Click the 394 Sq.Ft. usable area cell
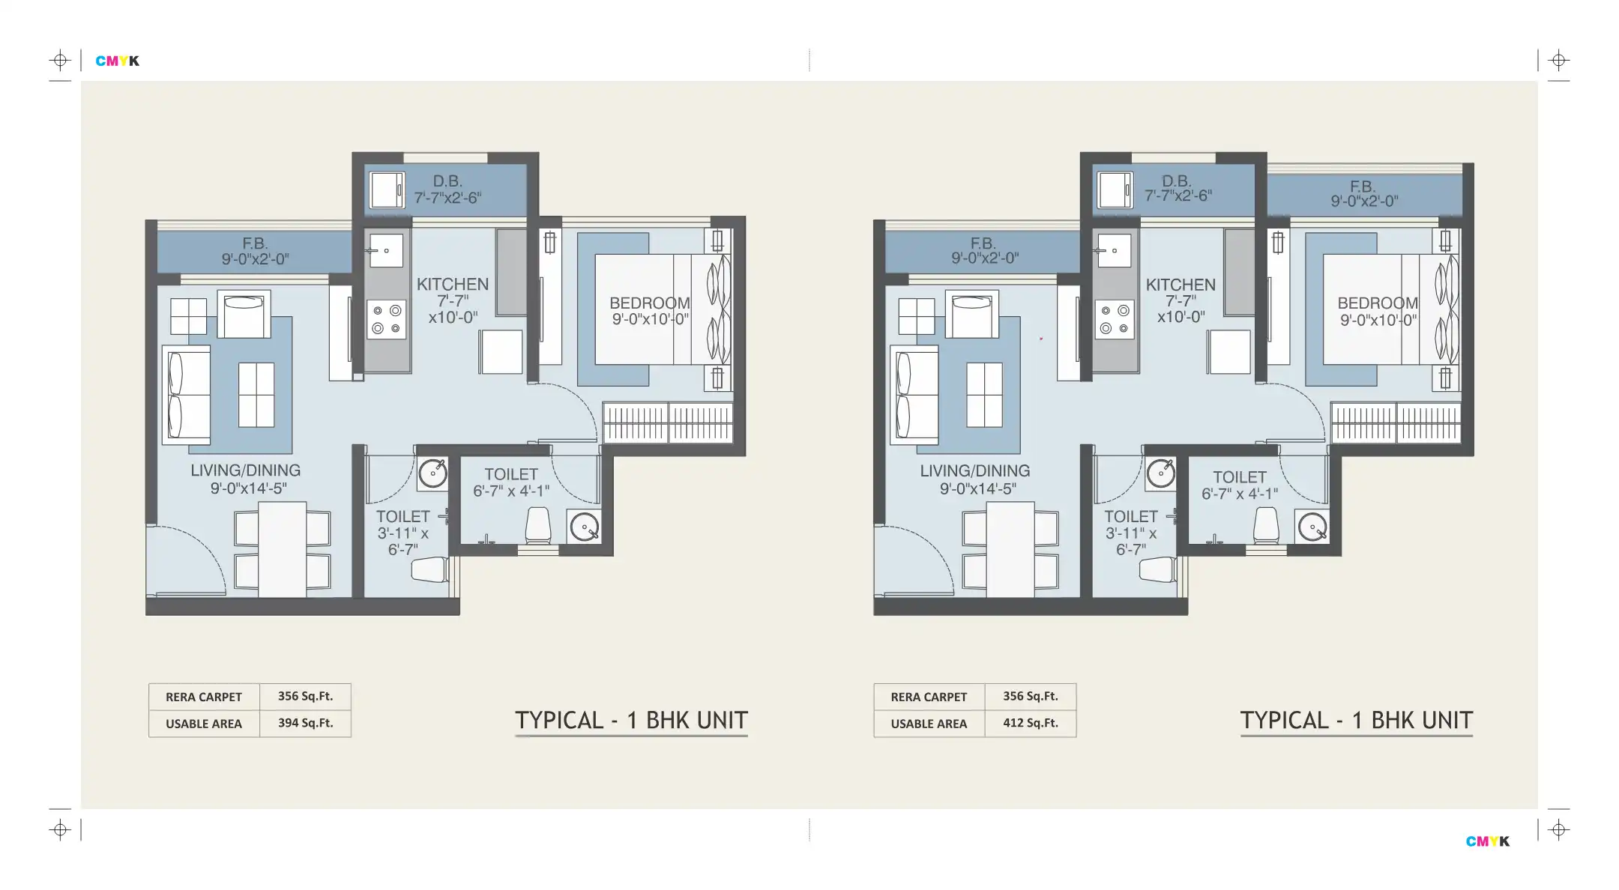pyautogui.click(x=305, y=723)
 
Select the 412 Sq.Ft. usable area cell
pyautogui.click(x=1031, y=723)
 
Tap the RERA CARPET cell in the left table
pyautogui.click(x=204, y=697)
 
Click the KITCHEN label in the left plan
pyautogui.click(x=453, y=285)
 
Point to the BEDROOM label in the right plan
pyautogui.click(x=1378, y=303)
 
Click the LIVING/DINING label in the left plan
pyautogui.click(x=245, y=470)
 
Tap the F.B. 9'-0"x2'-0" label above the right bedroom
pyautogui.click(x=1363, y=193)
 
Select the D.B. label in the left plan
pyautogui.click(x=447, y=181)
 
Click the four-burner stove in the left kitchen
pyautogui.click(x=387, y=319)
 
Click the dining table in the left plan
pyautogui.click(x=283, y=549)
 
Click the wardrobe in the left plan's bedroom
pyautogui.click(x=668, y=423)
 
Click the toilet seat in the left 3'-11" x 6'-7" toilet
pyautogui.click(x=429, y=569)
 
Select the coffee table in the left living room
pyautogui.click(x=256, y=395)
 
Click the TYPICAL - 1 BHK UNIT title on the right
pyautogui.click(x=1357, y=721)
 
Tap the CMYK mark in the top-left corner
pyautogui.click(x=118, y=61)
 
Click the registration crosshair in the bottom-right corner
pyautogui.click(x=1559, y=829)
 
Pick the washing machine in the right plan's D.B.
pyautogui.click(x=1115, y=190)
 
